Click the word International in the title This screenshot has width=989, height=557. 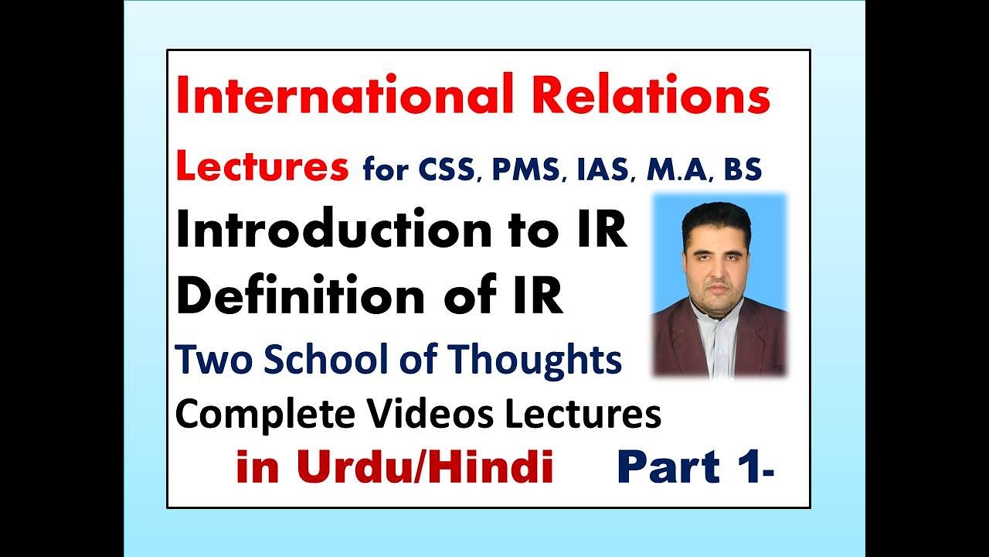340,97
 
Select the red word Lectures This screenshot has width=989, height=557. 262,168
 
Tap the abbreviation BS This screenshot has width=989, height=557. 742,169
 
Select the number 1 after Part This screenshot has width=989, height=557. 747,468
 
